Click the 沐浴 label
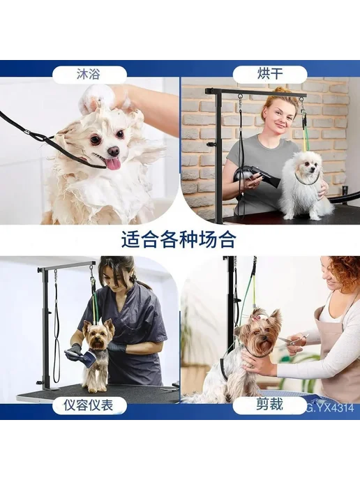coord(88,75)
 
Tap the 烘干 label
coord(270,75)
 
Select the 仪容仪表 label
coord(89,405)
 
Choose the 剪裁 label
coord(269,405)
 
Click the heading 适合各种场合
coord(179,240)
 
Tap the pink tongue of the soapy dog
coord(113,164)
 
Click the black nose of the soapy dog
coord(114,150)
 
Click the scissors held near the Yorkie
coord(292,340)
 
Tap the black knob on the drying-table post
coord(209,144)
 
